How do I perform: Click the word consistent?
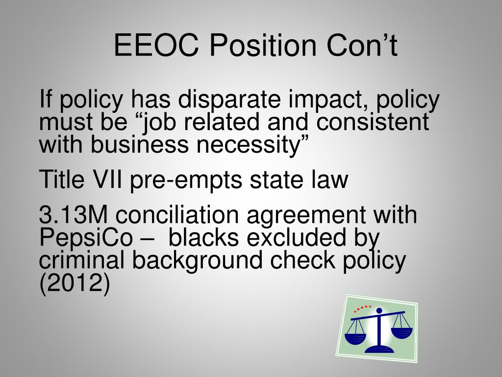373,122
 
